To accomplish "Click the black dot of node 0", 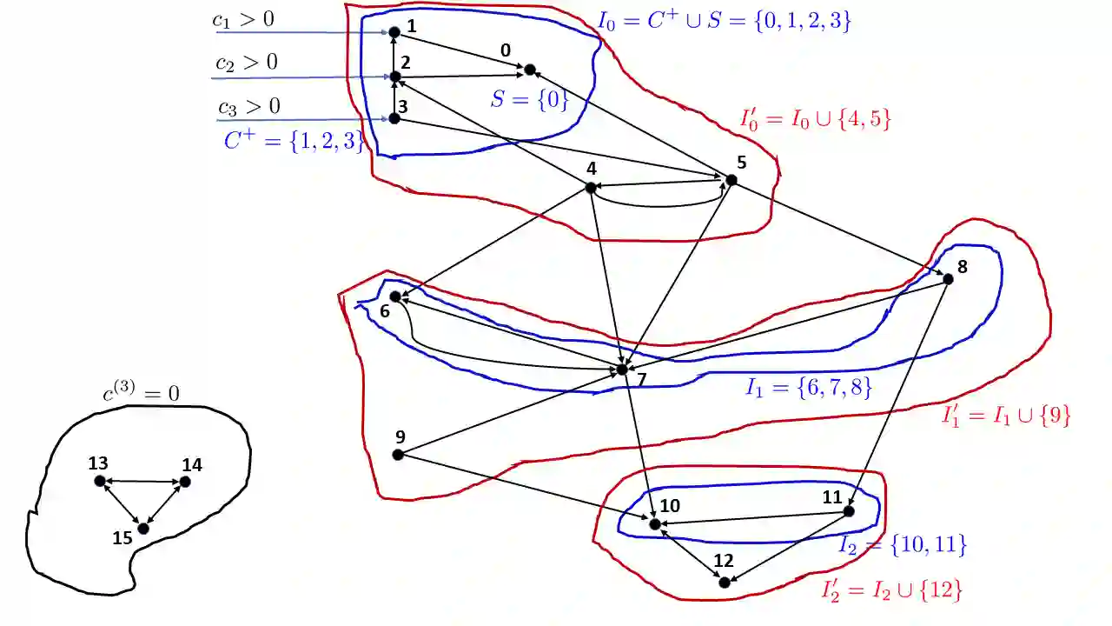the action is tap(529, 69).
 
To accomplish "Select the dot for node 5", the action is tap(731, 180).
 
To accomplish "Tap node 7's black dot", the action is tap(622, 370).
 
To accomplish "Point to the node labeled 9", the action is tap(398, 454).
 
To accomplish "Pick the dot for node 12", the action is tap(725, 582).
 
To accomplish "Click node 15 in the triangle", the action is tap(143, 528).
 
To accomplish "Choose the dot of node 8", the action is tap(948, 279).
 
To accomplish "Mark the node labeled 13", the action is tap(100, 481).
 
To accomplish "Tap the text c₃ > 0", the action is tap(248, 107).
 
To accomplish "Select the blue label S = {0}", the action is tap(530, 99).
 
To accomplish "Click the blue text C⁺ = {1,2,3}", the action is tap(294, 141).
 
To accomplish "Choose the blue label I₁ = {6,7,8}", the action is tap(808, 388).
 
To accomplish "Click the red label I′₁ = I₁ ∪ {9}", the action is tap(1006, 416).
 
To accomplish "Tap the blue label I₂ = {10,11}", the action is tap(902, 545).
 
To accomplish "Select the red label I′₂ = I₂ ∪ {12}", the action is tap(891, 590).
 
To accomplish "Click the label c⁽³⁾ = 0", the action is tap(141, 393).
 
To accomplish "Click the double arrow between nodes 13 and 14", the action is tap(142, 481).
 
